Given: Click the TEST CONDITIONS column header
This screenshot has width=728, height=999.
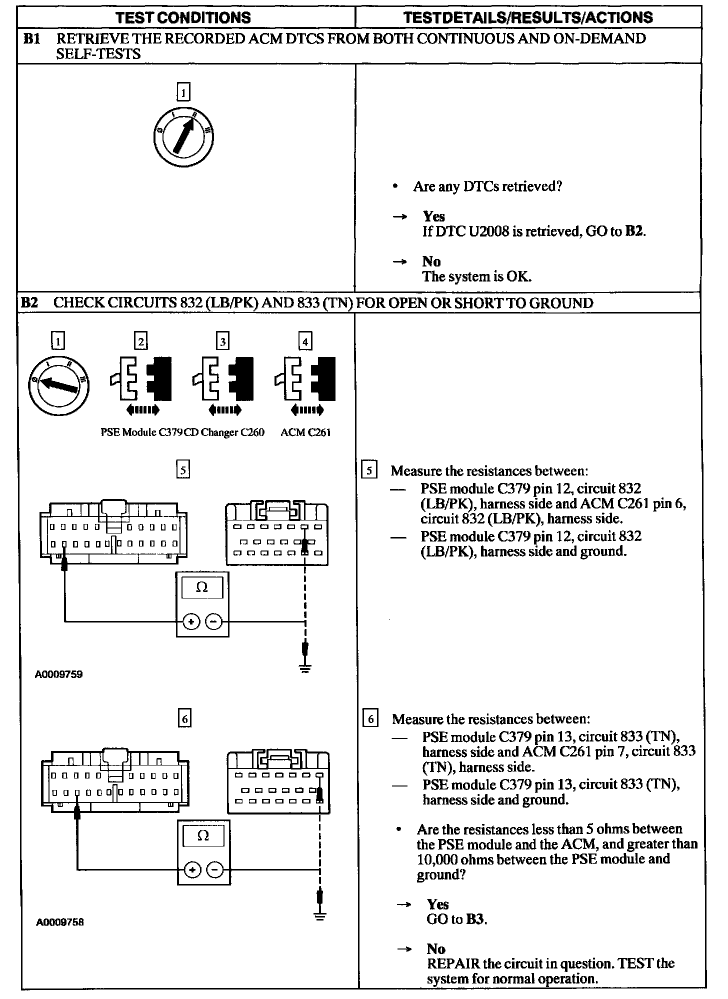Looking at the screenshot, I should click(183, 18).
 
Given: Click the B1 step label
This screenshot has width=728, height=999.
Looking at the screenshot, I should click(31, 39).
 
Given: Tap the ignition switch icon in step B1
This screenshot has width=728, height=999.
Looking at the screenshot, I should click(183, 136).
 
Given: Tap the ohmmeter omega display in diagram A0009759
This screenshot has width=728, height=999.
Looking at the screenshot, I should click(202, 587).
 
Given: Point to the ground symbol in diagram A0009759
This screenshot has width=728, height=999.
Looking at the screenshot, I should click(305, 668).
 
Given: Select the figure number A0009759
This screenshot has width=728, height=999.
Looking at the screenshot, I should click(58, 674).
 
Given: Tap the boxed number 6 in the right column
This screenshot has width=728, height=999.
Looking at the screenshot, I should click(370, 719).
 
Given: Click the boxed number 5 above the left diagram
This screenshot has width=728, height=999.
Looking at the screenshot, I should click(183, 470).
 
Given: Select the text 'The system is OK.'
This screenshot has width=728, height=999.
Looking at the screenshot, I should click(476, 276).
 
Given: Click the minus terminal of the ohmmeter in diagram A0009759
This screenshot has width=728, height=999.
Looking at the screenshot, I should click(213, 622).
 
